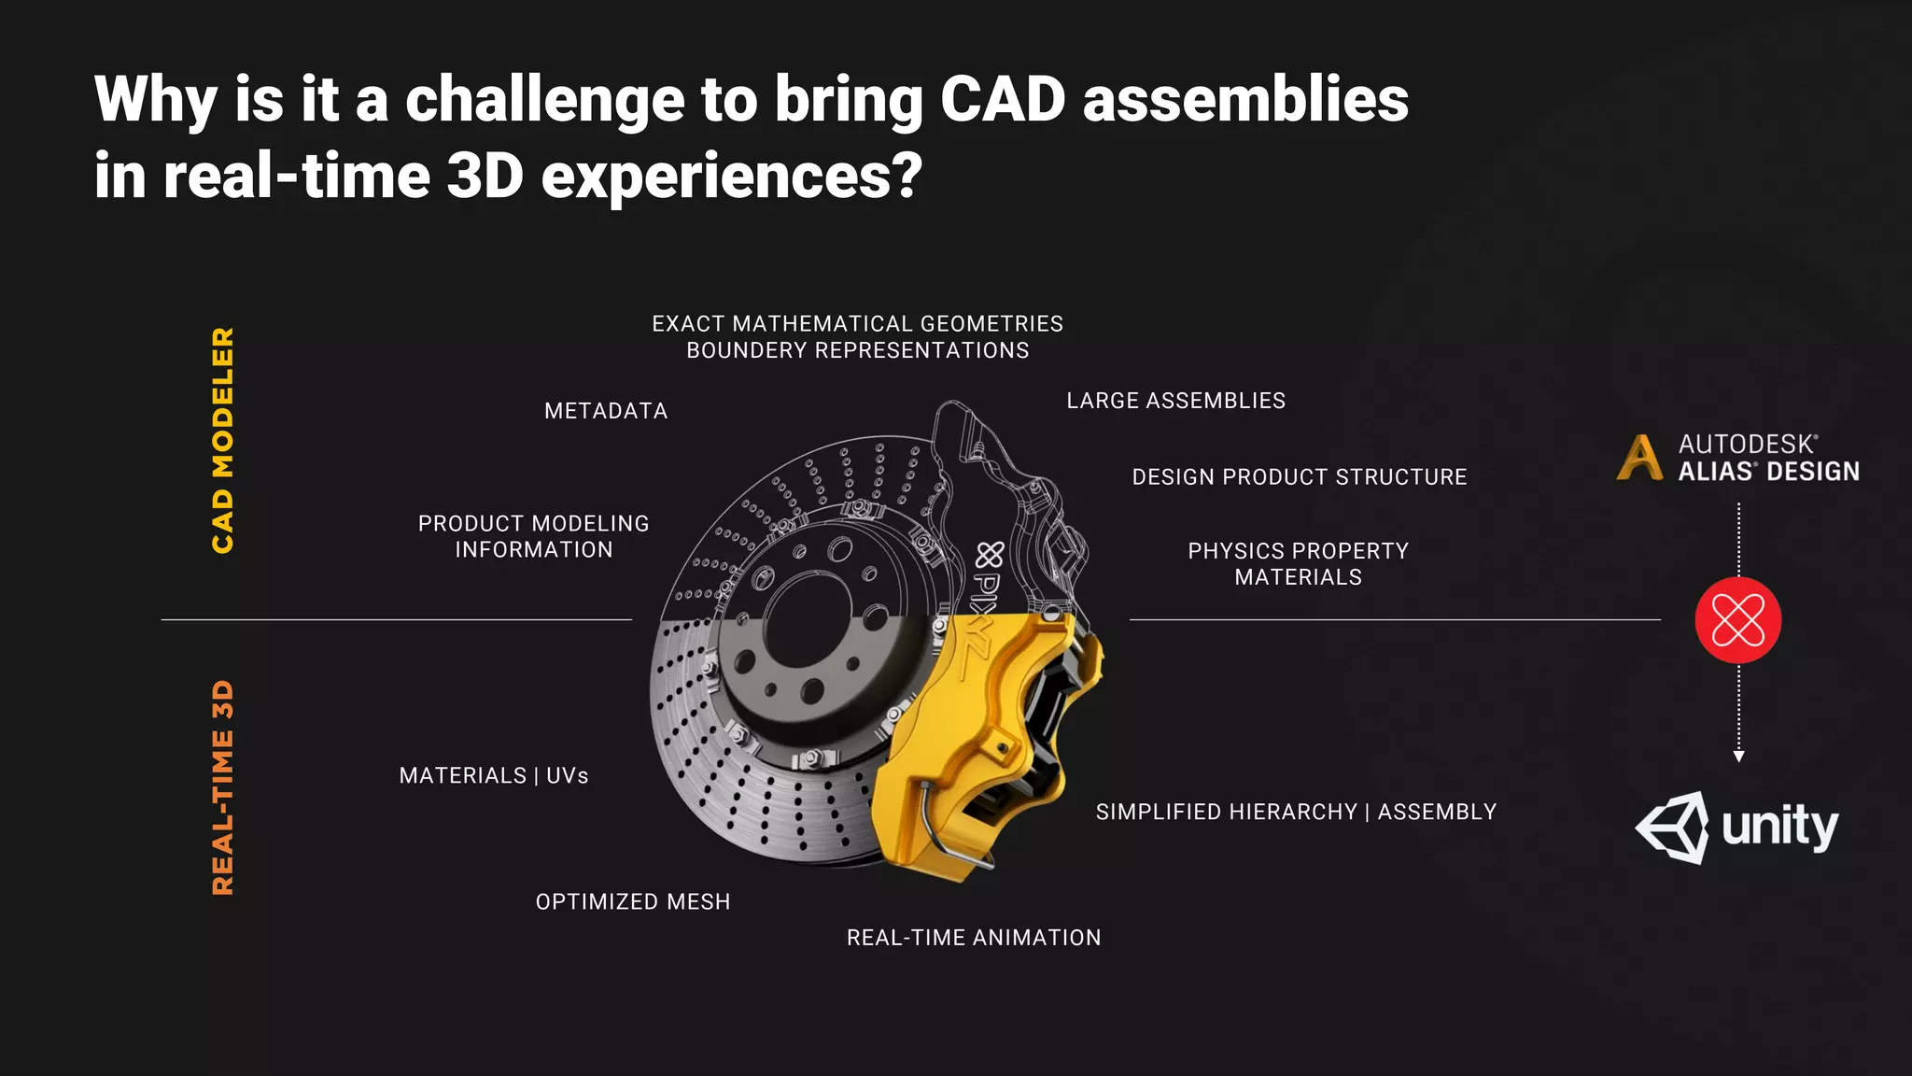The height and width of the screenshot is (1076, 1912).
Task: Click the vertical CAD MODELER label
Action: tap(222, 440)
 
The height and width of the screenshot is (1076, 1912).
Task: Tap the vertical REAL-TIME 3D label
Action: tap(222, 787)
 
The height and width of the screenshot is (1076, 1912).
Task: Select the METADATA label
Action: tap(606, 411)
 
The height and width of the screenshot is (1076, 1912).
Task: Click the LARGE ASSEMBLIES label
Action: tap(1175, 401)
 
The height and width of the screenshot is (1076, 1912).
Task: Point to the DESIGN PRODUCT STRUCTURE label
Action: tap(1299, 477)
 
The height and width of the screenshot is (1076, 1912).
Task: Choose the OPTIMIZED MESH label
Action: tap(633, 902)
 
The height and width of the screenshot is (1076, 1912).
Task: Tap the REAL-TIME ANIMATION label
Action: tap(974, 938)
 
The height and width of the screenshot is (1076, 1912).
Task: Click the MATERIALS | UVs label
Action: tap(494, 776)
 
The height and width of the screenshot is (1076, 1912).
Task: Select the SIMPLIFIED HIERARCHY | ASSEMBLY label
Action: tap(1296, 813)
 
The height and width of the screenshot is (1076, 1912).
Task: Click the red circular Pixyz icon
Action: tap(1737, 620)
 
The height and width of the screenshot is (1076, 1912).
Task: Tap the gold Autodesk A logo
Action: tap(1639, 458)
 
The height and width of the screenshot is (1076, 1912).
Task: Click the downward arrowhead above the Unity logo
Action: tap(1738, 756)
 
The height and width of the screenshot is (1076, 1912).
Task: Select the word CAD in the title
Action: tap(1003, 99)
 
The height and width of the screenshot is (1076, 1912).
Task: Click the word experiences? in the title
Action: tap(732, 176)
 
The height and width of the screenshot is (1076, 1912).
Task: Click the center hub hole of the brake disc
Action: tap(810, 621)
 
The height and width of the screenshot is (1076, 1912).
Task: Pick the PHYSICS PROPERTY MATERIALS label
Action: tap(1298, 564)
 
